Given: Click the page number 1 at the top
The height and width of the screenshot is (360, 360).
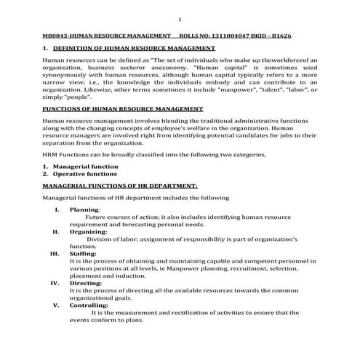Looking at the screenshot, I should click(180, 19).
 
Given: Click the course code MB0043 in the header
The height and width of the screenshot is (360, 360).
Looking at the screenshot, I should click(56, 35).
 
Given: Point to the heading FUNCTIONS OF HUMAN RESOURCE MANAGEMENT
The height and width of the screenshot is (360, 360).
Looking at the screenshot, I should click(122, 108).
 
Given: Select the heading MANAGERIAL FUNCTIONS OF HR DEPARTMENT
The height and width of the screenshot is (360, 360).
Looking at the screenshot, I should click(119, 186).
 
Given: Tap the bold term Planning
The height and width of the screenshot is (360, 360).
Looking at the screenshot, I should click(84, 209).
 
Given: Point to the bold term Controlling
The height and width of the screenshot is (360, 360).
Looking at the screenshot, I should click(89, 305).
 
